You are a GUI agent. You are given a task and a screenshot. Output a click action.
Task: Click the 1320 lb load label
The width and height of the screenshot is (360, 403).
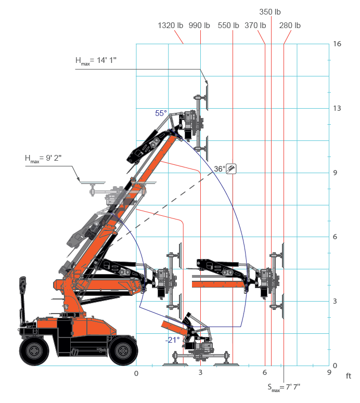[170, 25]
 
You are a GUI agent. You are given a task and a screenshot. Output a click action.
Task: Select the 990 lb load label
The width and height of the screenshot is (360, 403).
[199, 25]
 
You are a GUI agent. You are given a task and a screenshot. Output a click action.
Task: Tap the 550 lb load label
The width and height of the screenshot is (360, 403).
[228, 25]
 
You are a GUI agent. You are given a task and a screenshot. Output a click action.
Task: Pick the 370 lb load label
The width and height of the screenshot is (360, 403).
[255, 25]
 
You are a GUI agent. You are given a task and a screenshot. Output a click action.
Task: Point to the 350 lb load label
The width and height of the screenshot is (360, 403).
[270, 12]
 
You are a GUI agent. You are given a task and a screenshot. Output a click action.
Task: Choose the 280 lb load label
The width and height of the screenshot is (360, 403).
[290, 25]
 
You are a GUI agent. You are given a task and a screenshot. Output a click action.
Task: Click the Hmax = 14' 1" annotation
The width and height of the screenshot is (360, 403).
[96, 61]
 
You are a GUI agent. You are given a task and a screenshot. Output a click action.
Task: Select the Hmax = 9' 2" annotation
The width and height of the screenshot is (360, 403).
[43, 159]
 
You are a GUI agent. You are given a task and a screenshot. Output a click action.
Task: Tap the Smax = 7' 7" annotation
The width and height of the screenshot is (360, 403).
[284, 387]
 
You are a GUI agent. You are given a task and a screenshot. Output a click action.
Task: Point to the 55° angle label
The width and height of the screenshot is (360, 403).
[161, 113]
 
